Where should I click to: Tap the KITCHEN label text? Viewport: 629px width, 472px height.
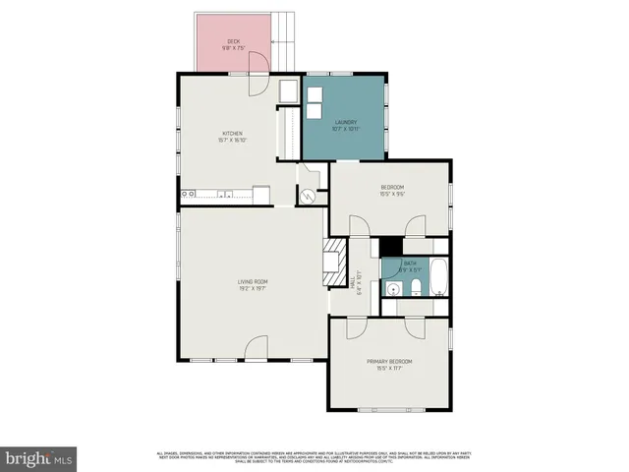tap(232, 134)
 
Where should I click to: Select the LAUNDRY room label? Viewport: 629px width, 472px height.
tap(345, 122)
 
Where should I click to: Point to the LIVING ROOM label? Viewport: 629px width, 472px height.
tap(253, 281)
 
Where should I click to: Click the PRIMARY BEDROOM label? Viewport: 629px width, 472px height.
tap(389, 362)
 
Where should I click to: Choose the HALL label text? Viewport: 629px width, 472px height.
tap(351, 282)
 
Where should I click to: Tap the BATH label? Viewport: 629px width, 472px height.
tap(410, 264)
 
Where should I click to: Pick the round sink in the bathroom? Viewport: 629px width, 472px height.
tap(392, 289)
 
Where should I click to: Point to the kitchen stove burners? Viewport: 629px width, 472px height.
tap(187, 195)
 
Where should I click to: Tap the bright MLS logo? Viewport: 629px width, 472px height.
tap(38, 458)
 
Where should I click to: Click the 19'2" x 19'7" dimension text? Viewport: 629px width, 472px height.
tap(253, 288)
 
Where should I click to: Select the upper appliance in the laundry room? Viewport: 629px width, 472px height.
tap(315, 97)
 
